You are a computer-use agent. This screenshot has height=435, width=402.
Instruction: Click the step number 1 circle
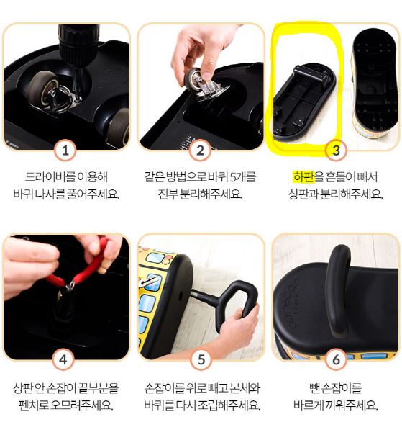65,151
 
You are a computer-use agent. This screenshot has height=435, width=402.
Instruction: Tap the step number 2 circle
201,151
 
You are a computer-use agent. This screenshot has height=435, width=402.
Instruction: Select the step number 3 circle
336,151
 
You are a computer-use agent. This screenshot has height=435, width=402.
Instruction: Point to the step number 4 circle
63,360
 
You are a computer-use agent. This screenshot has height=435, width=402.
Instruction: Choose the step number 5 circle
201,360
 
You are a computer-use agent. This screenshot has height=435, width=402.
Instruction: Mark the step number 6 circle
336,360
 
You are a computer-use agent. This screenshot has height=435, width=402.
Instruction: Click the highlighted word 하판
304,177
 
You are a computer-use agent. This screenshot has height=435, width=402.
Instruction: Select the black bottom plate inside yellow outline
304,102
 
